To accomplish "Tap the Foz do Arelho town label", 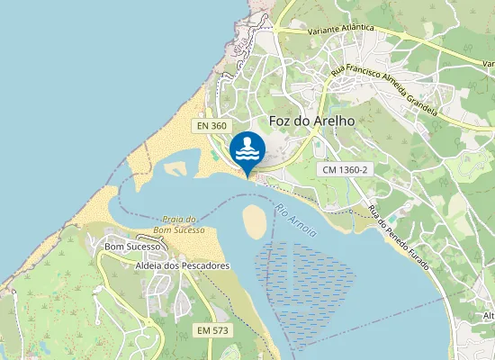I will point(312,121).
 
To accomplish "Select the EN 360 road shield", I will point(212,127).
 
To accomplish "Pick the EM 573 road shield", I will point(213,331).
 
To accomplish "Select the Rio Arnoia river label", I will point(297,220).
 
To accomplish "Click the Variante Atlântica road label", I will point(341,30).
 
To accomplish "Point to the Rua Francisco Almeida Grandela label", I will point(384,89).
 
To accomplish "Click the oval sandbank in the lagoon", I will point(256,219).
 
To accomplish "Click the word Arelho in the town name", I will point(335,121).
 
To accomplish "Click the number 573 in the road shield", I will point(220,331).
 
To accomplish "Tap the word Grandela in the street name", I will point(422,105).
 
